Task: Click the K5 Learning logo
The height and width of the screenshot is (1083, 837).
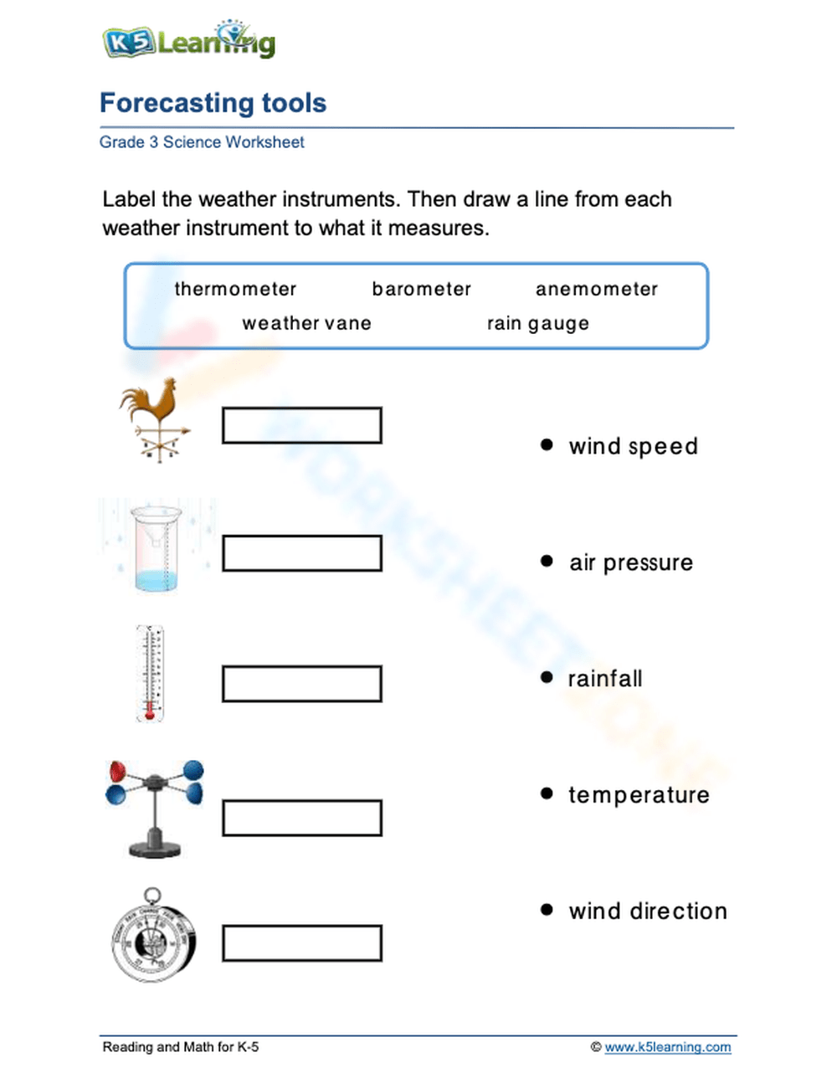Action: pyautogui.click(x=189, y=40)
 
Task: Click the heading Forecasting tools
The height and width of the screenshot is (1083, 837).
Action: pyautogui.click(x=213, y=103)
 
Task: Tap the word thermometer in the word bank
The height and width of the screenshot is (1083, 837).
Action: pyautogui.click(x=235, y=290)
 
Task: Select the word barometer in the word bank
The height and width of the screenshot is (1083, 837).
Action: pyautogui.click(x=422, y=290)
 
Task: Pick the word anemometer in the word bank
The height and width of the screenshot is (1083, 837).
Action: pyautogui.click(x=597, y=290)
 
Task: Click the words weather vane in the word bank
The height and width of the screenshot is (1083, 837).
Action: pyautogui.click(x=306, y=324)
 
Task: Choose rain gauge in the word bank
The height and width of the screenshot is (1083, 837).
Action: pyautogui.click(x=538, y=324)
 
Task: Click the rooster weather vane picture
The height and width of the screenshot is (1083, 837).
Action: pyautogui.click(x=156, y=420)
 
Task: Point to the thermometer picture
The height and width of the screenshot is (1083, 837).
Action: pyautogui.click(x=151, y=674)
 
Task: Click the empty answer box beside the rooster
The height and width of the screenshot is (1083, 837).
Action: pyautogui.click(x=302, y=426)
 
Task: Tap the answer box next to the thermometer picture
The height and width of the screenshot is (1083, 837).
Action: pyautogui.click(x=302, y=684)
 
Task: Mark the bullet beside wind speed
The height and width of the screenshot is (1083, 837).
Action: pyautogui.click(x=547, y=445)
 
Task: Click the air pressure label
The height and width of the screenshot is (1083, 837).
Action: pyautogui.click(x=631, y=562)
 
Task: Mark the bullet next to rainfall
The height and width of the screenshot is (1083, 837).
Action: pyautogui.click(x=547, y=677)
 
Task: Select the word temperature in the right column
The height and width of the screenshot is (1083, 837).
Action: pyautogui.click(x=639, y=795)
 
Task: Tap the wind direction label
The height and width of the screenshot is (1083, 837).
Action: pyautogui.click(x=648, y=911)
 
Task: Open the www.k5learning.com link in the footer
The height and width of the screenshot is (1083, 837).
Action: pyautogui.click(x=667, y=1047)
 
